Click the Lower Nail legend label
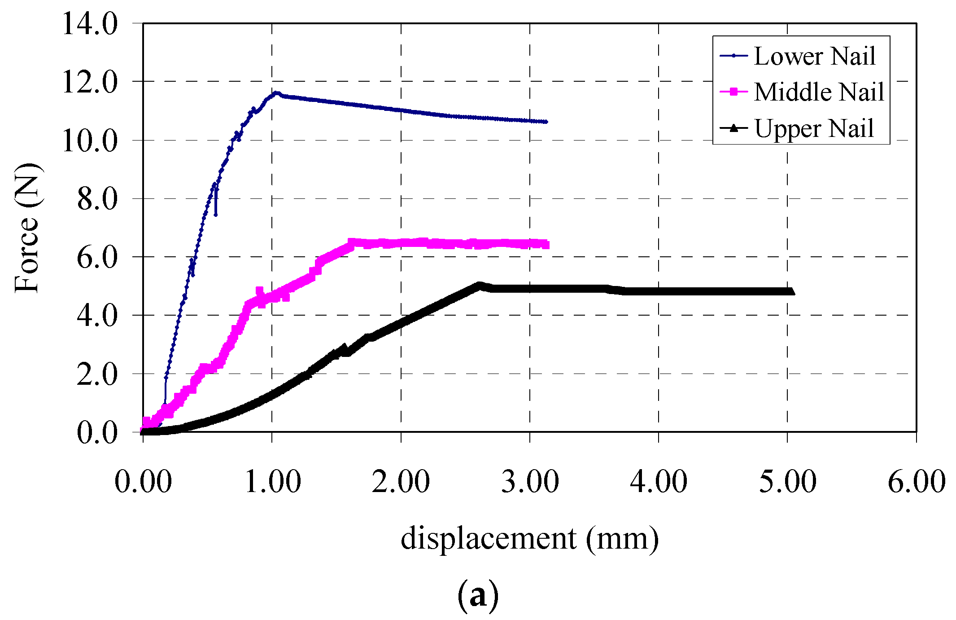coord(814,56)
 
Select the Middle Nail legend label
coord(819,92)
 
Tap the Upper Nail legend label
coord(814,128)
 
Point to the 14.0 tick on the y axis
coord(90,23)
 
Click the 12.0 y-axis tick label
coord(90,82)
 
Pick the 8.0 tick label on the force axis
coord(97,199)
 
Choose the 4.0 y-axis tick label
coord(97,316)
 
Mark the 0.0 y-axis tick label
coord(97,433)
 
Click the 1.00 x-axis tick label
coord(272,482)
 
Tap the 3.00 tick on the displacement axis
coord(530,482)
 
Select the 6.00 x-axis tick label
coord(917,482)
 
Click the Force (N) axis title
coord(27,228)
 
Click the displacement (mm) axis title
coord(529,538)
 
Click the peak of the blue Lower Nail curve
coord(276,93)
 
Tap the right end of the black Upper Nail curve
coord(791,291)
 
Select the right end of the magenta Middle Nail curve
coord(546,245)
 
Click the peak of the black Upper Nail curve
coord(479,285)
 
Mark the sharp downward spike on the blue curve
coord(216,214)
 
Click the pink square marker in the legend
coord(734,92)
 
